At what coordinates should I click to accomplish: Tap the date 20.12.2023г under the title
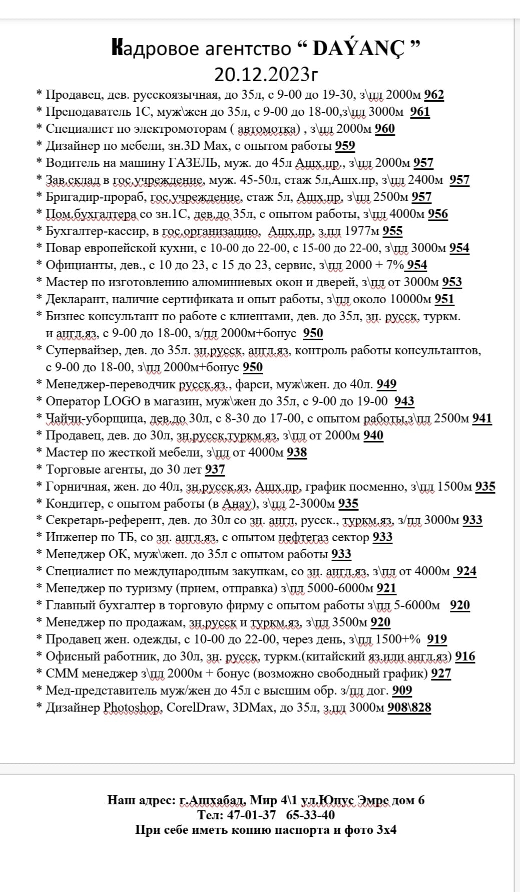(266, 74)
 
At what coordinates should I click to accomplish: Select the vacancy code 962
(434, 95)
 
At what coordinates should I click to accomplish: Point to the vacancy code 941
(482, 418)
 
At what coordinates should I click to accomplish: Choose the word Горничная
(77, 487)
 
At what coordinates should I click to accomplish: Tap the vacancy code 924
(466, 571)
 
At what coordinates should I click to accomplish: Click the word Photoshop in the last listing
(133, 708)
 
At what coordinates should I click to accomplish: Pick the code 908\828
(409, 708)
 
